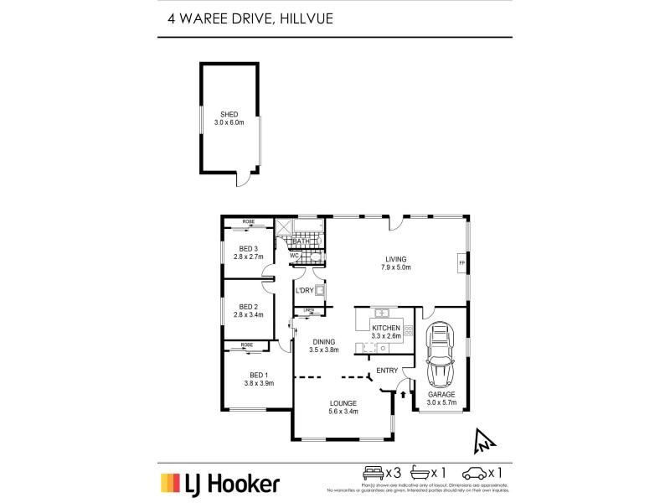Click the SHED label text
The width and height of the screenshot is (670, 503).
tap(229, 114)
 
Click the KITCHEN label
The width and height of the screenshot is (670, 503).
tap(386, 327)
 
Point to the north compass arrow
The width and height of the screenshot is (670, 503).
tap(484, 439)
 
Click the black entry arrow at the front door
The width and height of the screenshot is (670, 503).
tap(403, 392)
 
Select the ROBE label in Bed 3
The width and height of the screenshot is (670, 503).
tap(249, 222)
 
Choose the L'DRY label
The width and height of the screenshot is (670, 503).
tap(303, 290)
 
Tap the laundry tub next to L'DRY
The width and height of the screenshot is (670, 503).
tap(320, 291)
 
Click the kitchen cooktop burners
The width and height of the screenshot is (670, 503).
tap(410, 330)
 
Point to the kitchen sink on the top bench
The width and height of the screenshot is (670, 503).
tap(381, 312)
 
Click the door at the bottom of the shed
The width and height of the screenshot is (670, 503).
tap(244, 179)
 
